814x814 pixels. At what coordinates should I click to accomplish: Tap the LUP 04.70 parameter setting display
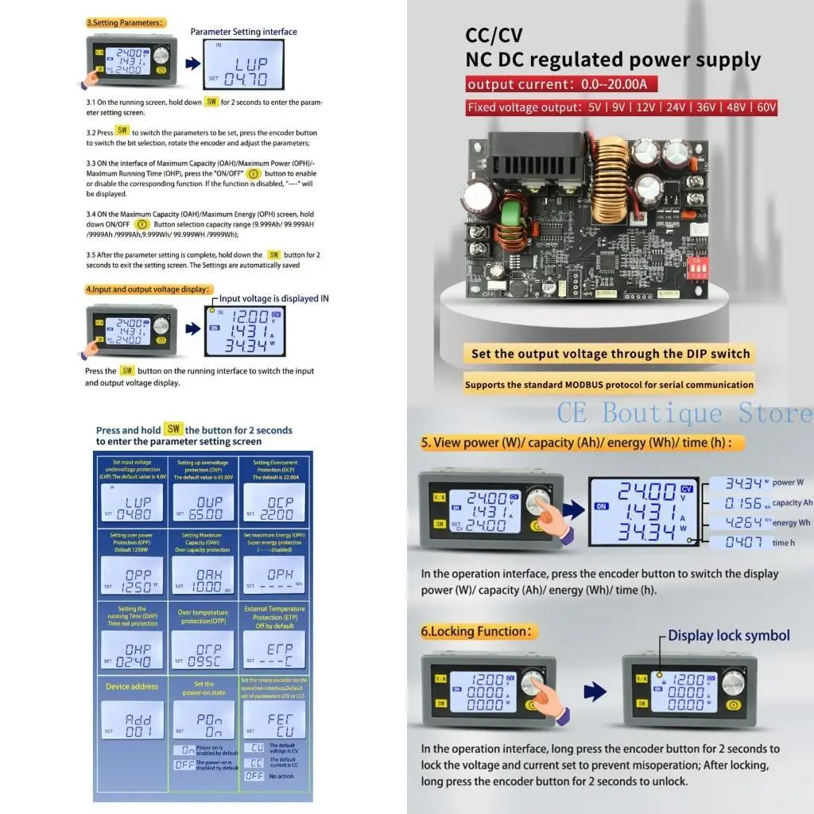pos(240,67)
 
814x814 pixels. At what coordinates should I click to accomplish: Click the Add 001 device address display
pos(133,720)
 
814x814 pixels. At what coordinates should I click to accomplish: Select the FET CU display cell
pos(273,720)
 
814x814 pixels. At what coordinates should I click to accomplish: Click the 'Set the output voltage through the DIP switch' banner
pos(610,354)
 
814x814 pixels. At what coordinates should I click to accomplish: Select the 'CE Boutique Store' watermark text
pos(684,413)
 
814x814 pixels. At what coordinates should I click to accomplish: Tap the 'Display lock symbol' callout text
pos(728,635)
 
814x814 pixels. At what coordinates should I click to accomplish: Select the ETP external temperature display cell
pos(273,649)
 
